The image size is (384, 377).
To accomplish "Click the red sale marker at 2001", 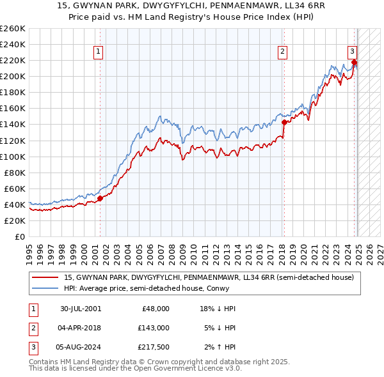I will click(x=100, y=198).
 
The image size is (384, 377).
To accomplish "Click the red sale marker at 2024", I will click(x=354, y=62).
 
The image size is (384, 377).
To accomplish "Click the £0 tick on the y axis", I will click(x=20, y=236).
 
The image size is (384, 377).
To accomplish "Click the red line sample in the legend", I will click(x=45, y=277).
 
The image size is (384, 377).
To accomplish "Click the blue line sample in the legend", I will click(x=45, y=288).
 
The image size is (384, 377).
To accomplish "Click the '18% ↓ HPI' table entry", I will click(x=218, y=308).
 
